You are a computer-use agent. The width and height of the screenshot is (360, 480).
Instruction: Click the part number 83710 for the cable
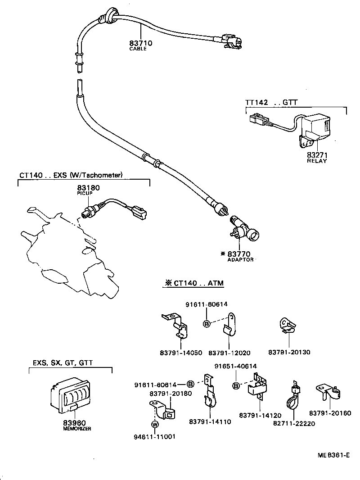click(x=141, y=43)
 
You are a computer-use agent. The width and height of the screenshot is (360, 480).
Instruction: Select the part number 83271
click(x=317, y=155)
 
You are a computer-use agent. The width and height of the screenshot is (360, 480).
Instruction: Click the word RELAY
click(x=317, y=161)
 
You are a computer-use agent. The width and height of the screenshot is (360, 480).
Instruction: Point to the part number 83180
click(x=88, y=187)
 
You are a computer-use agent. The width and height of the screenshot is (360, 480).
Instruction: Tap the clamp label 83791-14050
click(x=181, y=353)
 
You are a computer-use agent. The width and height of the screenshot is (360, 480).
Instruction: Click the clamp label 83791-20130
click(x=289, y=352)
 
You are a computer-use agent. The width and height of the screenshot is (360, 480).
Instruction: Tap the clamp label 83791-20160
click(x=330, y=413)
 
